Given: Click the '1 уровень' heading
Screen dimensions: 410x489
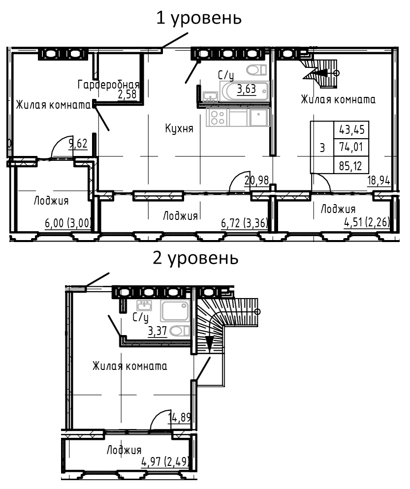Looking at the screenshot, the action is [199, 18].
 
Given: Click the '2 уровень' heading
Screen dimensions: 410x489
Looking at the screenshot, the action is [195, 259].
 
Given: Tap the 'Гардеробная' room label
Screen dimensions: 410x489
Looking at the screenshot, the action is [108, 85].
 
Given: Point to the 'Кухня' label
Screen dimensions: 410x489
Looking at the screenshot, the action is [179, 128].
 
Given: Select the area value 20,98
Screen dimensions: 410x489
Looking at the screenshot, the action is [256, 180].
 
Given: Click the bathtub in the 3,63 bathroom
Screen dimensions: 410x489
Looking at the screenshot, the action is [244, 91].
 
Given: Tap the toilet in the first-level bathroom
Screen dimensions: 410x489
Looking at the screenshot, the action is [256, 70].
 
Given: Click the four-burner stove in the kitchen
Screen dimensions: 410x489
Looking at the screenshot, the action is [218, 117].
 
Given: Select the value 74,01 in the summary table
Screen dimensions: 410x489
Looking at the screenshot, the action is [351, 147].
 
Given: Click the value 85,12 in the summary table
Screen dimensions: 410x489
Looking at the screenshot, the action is [350, 166].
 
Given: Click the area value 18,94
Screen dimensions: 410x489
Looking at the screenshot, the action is [378, 180].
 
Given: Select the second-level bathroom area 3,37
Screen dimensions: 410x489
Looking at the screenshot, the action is [158, 331].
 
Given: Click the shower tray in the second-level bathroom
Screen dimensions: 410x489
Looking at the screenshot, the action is [175, 311].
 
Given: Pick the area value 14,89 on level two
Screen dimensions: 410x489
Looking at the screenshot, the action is [180, 417].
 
